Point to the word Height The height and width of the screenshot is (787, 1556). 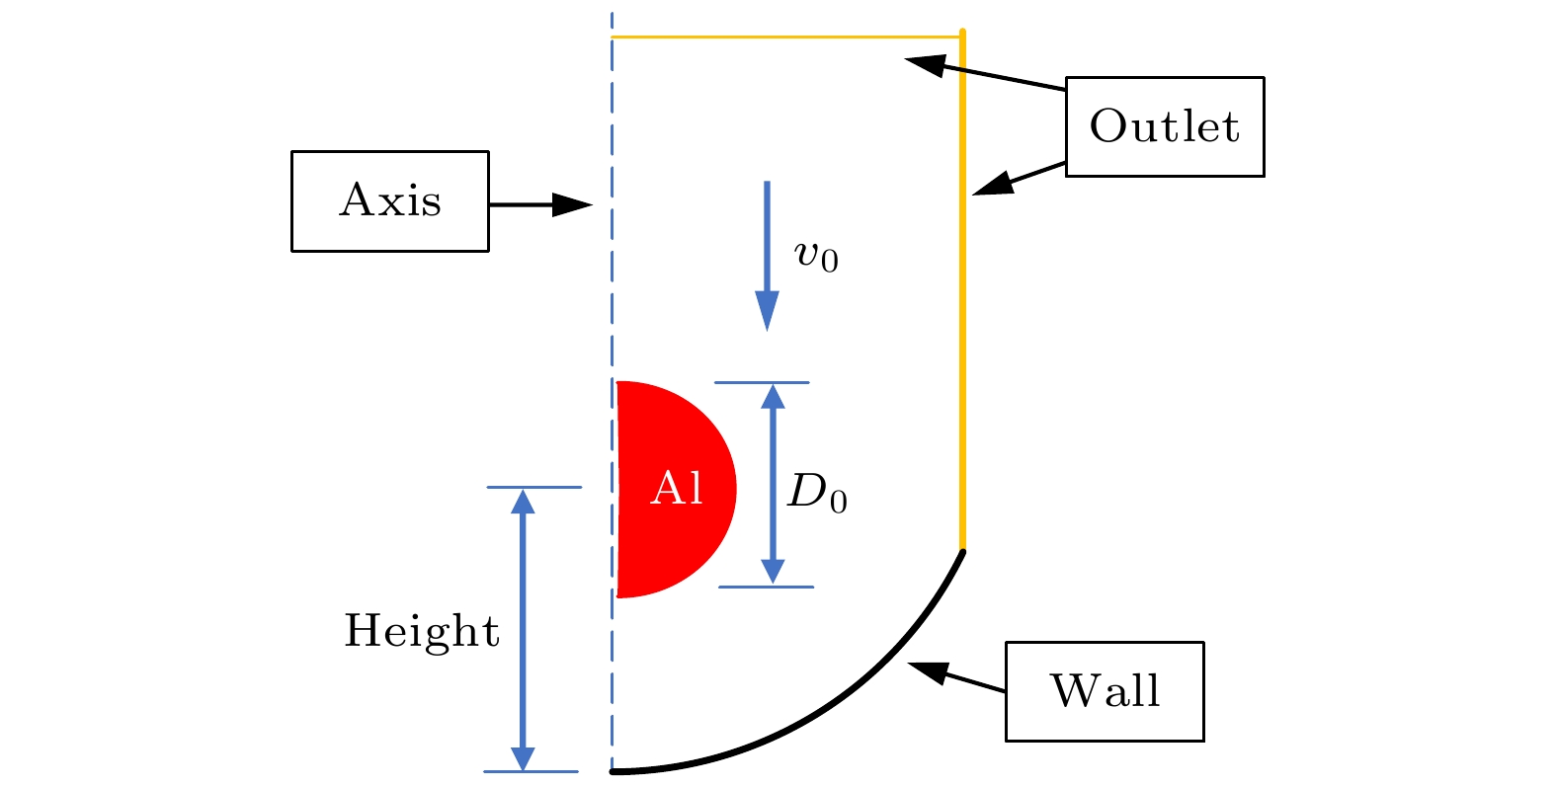(x=422, y=632)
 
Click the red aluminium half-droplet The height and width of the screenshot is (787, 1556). (x=675, y=489)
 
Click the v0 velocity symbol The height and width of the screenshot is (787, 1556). (x=816, y=256)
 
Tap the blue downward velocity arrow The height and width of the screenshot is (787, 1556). (x=767, y=256)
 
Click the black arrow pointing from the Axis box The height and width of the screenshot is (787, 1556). (x=540, y=204)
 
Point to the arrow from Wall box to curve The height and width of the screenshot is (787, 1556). (x=956, y=676)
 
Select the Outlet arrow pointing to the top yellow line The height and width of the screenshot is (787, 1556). (x=985, y=73)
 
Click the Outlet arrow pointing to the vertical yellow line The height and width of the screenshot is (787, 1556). (x=1019, y=179)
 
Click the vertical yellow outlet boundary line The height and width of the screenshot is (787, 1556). (x=963, y=290)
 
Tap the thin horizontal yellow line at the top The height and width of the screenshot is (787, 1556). (x=786, y=37)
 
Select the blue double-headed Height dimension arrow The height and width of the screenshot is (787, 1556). (x=523, y=630)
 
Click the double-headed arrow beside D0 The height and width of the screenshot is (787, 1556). (x=773, y=485)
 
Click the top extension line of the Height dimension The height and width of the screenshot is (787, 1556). (x=533, y=487)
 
